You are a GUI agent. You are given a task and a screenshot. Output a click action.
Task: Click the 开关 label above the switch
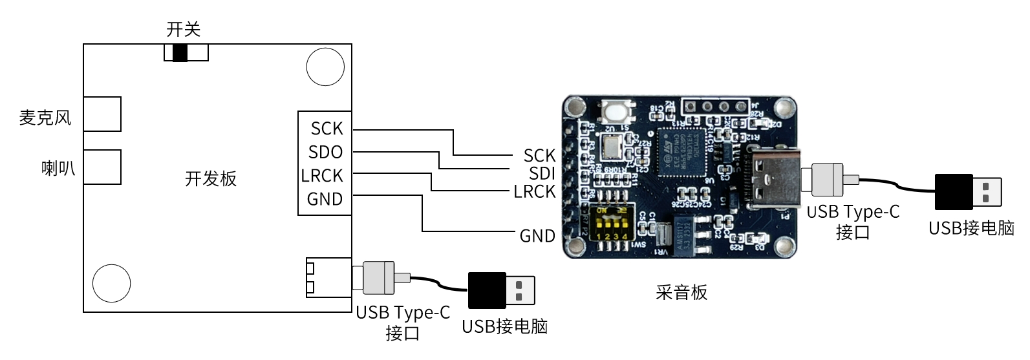[x=184, y=30]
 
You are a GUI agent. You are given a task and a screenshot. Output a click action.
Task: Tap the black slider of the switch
[x=180, y=52]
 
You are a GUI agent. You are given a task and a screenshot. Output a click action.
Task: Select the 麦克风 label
[x=45, y=118]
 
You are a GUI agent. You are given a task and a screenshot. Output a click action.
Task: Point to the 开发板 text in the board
[x=211, y=179]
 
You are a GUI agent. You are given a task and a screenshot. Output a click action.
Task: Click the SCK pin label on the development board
[x=327, y=129]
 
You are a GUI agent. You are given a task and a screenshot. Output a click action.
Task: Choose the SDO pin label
[x=325, y=153]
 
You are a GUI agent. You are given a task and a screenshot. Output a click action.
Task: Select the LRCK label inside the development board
[x=322, y=176]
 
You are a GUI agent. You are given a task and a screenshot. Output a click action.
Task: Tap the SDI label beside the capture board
[x=542, y=173]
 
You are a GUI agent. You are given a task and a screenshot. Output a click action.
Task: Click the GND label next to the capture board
[x=537, y=236]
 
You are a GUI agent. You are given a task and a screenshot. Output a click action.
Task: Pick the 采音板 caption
[x=681, y=293]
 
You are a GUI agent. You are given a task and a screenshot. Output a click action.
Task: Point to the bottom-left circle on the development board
[x=112, y=282]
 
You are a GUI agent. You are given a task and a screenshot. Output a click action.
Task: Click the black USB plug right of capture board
[x=967, y=192]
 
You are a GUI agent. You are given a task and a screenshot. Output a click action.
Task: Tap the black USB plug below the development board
[x=500, y=290]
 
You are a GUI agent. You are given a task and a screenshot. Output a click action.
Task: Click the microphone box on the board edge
[x=102, y=114]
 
